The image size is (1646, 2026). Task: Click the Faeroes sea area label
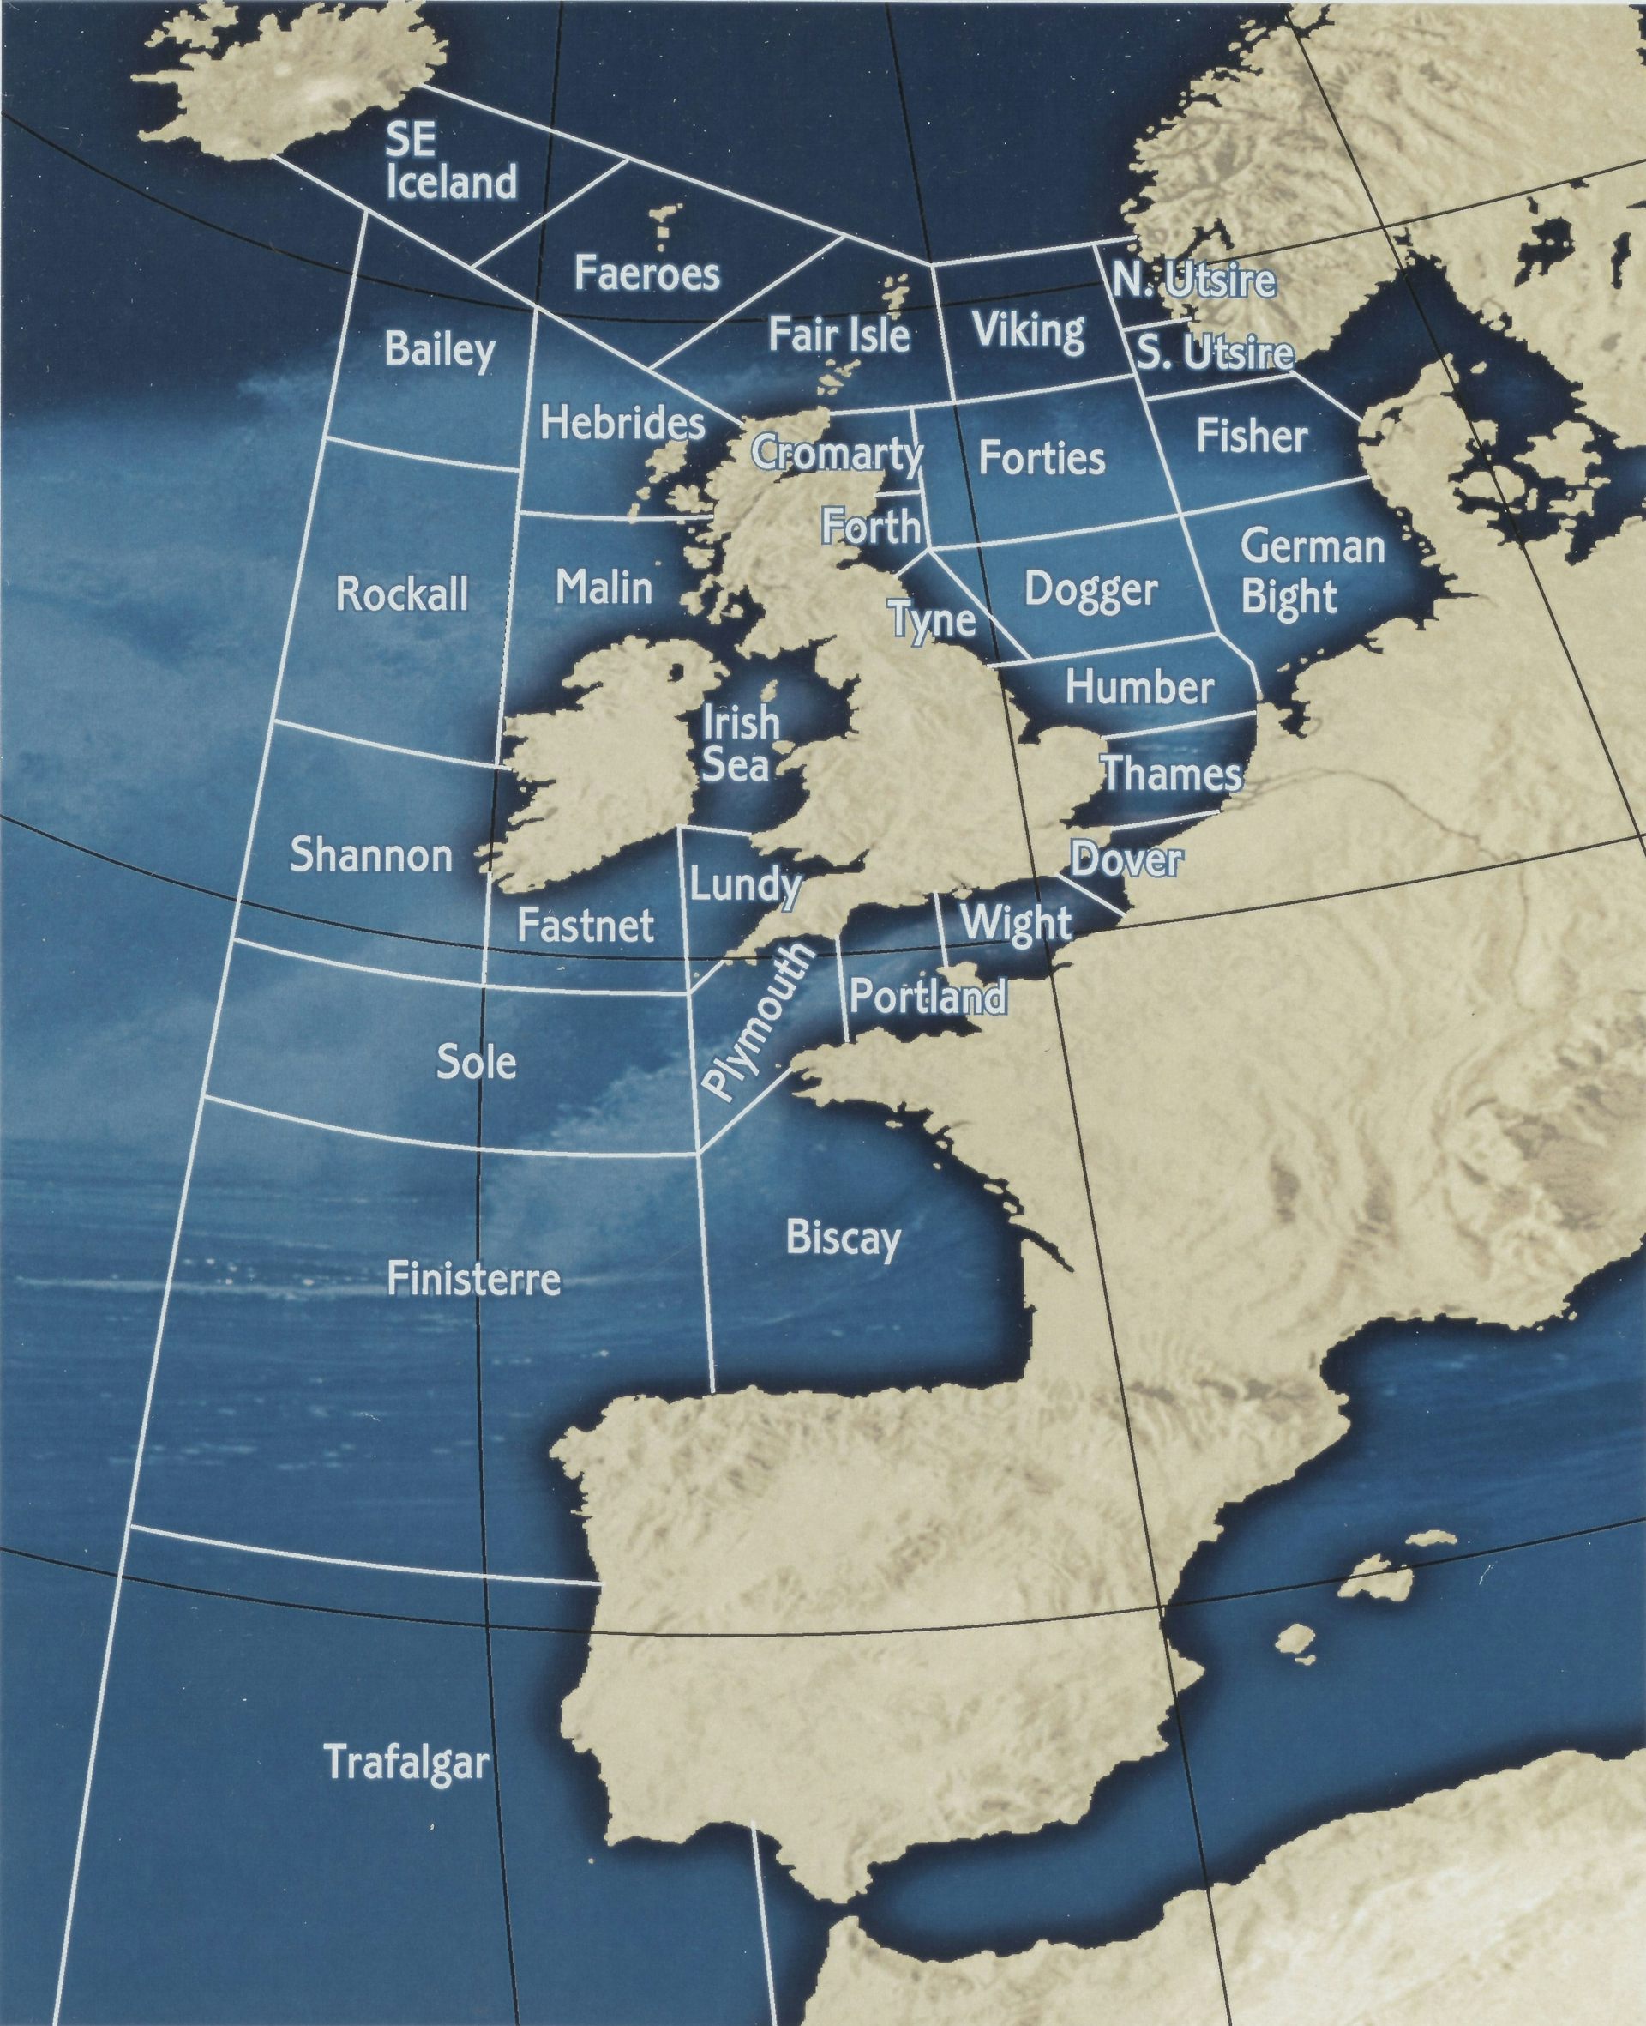pyautogui.click(x=646, y=274)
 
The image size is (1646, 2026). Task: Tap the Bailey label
pyautogui.click(x=439, y=350)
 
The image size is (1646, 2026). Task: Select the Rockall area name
pyautogui.click(x=402, y=594)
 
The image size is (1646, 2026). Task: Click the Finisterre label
pyautogui.click(x=473, y=1280)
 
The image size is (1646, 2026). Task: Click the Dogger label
pyautogui.click(x=1090, y=590)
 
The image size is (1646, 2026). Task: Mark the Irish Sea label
pyautogui.click(x=740, y=743)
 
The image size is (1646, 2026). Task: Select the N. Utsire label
pyautogui.click(x=1192, y=280)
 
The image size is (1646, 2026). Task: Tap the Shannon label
pyautogui.click(x=370, y=854)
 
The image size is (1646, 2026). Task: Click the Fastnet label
pyautogui.click(x=585, y=925)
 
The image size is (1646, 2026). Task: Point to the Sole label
pyautogui.click(x=476, y=1063)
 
